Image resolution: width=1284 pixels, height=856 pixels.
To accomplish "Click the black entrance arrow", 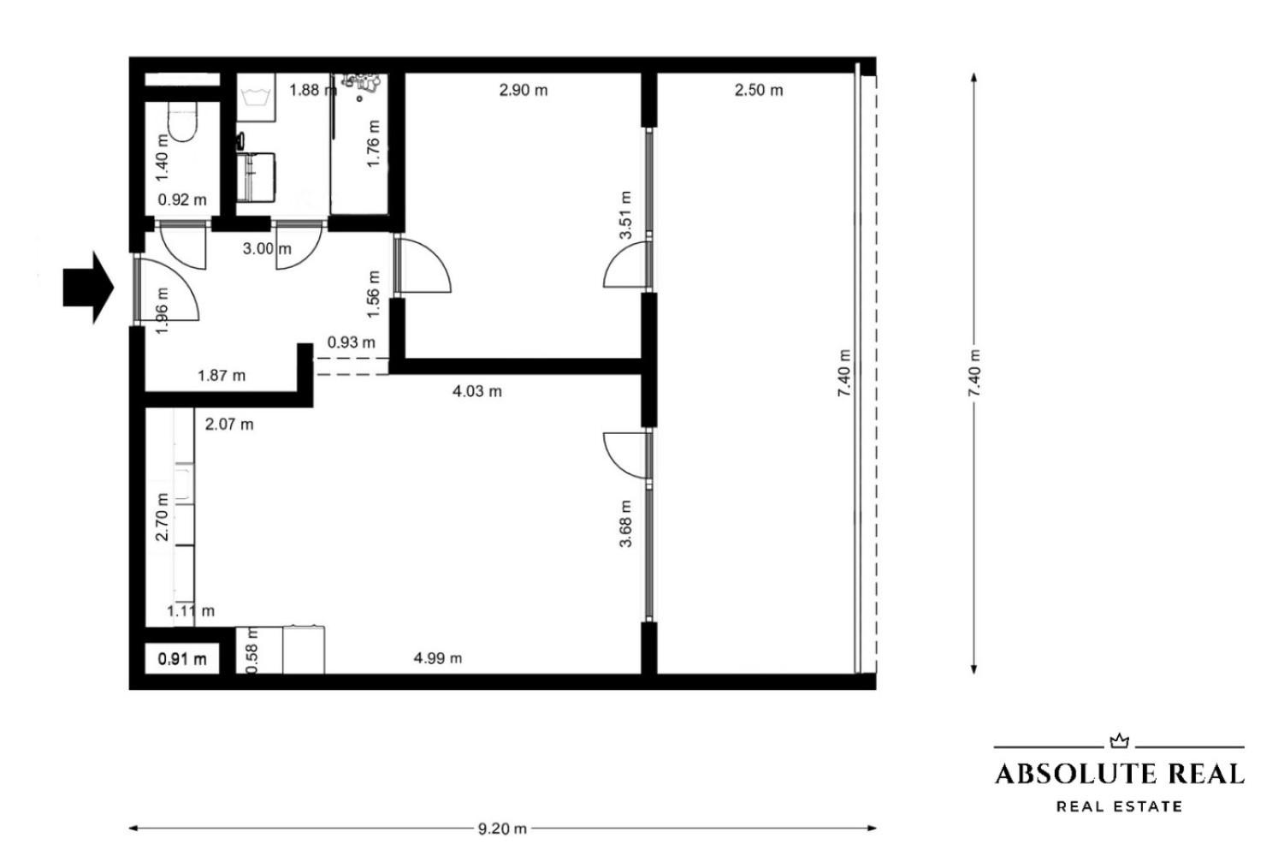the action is pyautogui.click(x=88, y=288).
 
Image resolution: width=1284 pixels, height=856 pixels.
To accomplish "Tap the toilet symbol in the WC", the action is pyautogui.click(x=183, y=122).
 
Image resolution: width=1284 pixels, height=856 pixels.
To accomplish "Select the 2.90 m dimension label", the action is pyautogui.click(x=523, y=90).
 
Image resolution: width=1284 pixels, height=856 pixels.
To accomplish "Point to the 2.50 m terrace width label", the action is pyautogui.click(x=759, y=90).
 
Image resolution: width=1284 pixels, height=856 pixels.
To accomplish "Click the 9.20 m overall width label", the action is pyautogui.click(x=502, y=829).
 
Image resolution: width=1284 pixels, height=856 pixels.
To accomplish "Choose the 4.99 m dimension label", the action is pyautogui.click(x=437, y=658).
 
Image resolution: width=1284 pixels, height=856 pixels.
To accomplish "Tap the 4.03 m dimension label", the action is pyautogui.click(x=477, y=391).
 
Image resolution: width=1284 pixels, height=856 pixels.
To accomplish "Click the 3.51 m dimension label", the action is pyautogui.click(x=625, y=215).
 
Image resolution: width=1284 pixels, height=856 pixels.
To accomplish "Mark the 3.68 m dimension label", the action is pyautogui.click(x=625, y=524).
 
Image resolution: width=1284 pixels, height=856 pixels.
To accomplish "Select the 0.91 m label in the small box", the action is pyautogui.click(x=182, y=659).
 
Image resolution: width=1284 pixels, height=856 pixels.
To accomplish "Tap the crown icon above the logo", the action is pyautogui.click(x=1120, y=741).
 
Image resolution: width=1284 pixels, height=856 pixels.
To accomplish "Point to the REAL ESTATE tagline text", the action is pyautogui.click(x=1120, y=806).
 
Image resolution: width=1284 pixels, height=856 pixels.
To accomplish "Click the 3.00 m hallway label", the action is pyautogui.click(x=267, y=249).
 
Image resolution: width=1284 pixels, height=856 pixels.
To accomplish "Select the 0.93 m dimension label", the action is pyautogui.click(x=352, y=342).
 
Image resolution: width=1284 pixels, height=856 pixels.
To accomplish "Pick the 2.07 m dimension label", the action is pyautogui.click(x=229, y=425).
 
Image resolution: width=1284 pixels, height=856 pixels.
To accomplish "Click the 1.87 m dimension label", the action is pyautogui.click(x=222, y=376).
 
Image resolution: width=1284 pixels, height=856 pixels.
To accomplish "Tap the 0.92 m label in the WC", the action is pyautogui.click(x=182, y=199).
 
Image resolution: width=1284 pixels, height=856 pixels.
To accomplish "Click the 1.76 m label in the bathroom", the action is pyautogui.click(x=373, y=144).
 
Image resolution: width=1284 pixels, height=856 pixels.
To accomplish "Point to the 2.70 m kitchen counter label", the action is pyautogui.click(x=163, y=516).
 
